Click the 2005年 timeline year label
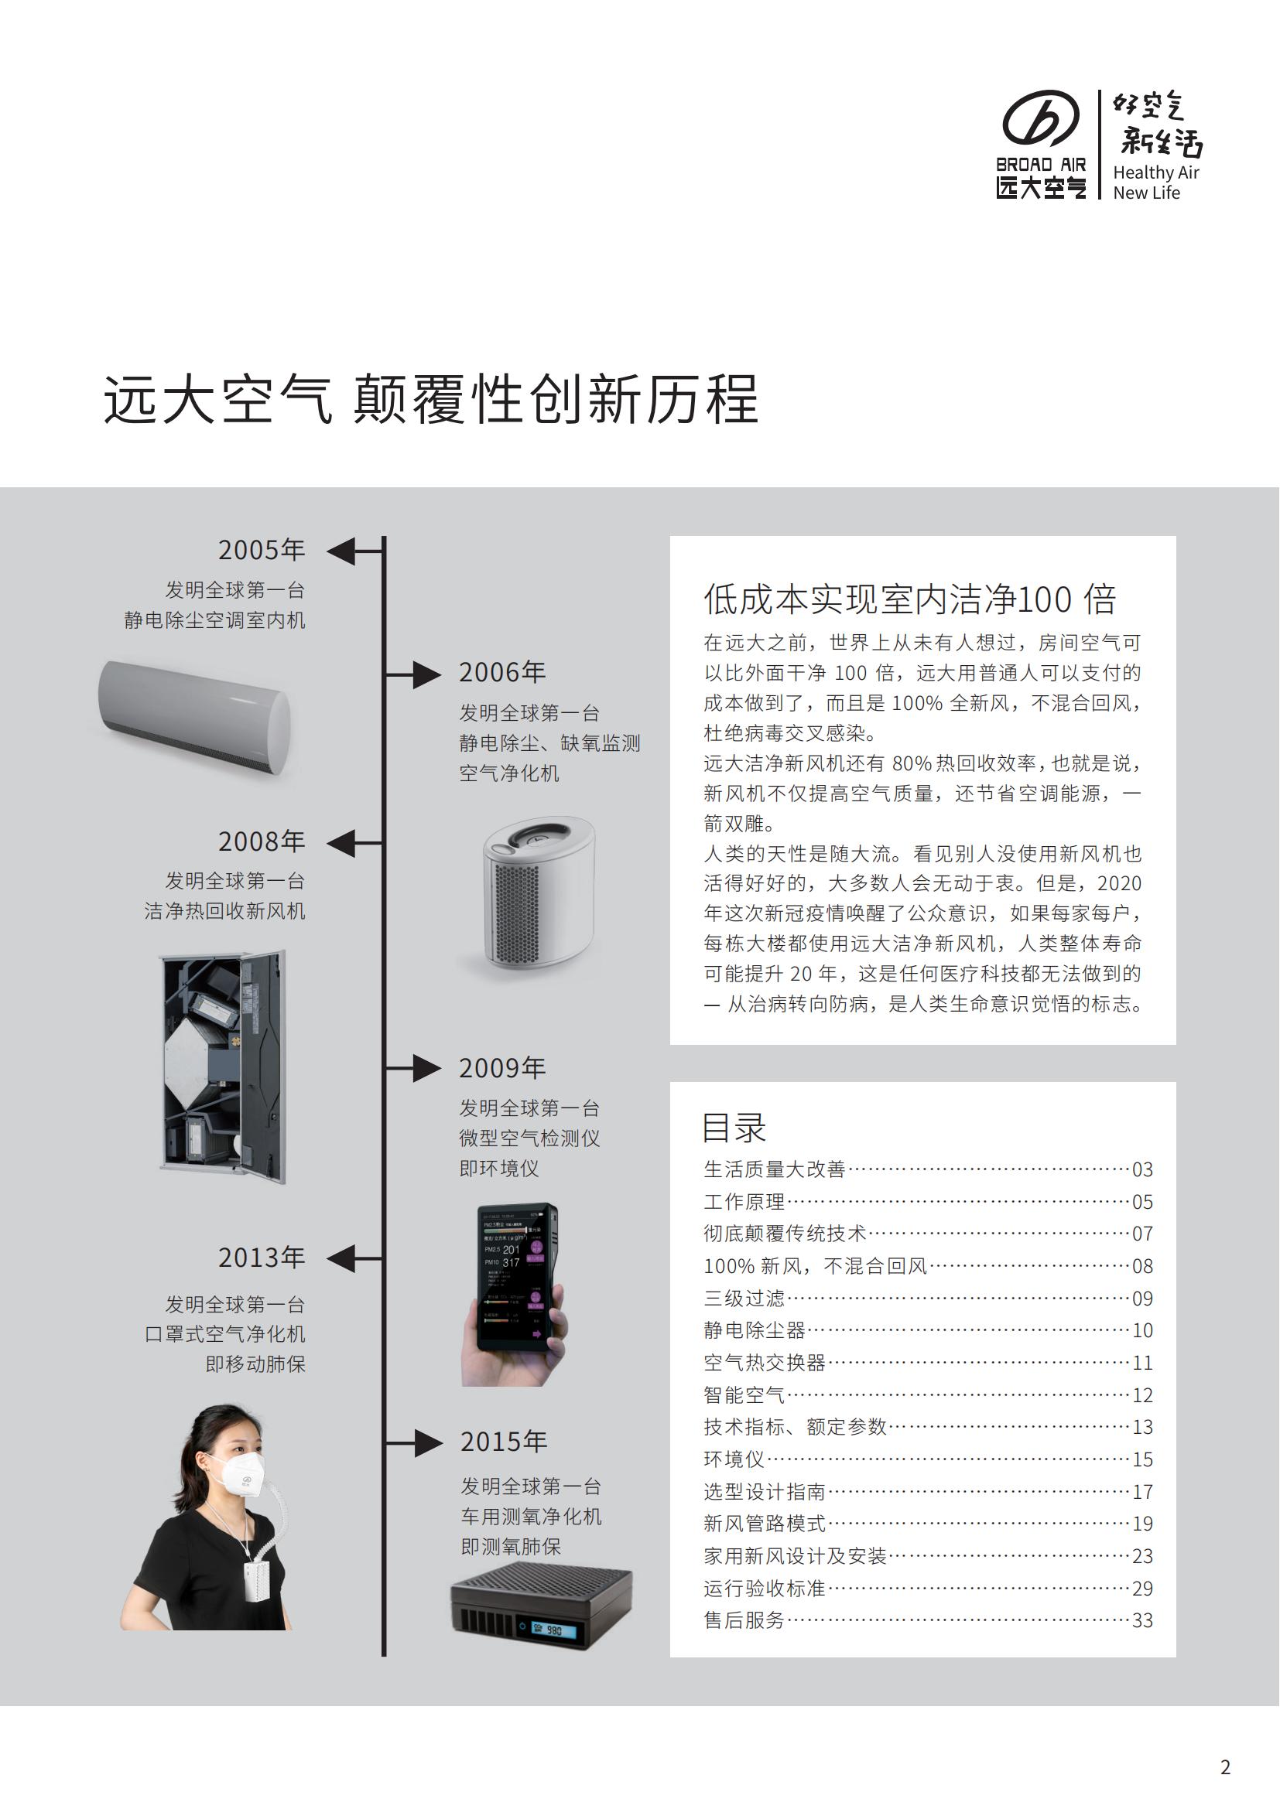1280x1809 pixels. point(261,550)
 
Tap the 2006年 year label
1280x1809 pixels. point(502,672)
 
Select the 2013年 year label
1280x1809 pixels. point(261,1258)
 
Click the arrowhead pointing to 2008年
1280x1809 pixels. point(341,842)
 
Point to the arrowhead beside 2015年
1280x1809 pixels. point(428,1442)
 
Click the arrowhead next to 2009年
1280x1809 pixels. point(427,1067)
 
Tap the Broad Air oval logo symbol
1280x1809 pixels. point(1040,118)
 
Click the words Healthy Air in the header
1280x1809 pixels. point(1155,172)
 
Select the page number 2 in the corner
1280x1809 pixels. point(1225,1767)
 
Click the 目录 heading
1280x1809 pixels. point(734,1128)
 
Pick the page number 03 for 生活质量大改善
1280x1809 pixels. point(1142,1169)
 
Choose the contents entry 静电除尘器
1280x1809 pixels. point(755,1331)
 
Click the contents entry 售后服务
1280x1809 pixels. point(744,1621)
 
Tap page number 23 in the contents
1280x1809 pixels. point(1142,1556)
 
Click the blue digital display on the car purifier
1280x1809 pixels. point(548,1629)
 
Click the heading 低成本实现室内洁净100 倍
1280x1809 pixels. point(910,599)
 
